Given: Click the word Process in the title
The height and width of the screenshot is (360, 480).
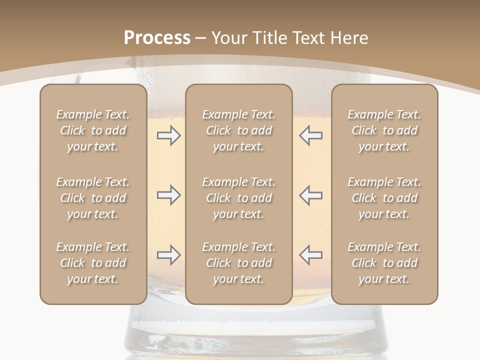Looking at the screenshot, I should [x=157, y=38].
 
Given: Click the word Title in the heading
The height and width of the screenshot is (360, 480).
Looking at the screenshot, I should [x=268, y=38].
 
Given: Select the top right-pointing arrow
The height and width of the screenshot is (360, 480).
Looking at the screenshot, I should [x=168, y=135].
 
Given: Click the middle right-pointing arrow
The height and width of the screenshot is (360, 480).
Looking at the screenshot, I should [x=168, y=195].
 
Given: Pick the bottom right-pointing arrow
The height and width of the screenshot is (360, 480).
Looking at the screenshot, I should [x=168, y=255].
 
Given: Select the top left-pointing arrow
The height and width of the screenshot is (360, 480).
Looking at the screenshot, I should [x=310, y=135].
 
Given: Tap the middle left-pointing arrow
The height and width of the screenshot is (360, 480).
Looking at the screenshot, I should [x=310, y=195].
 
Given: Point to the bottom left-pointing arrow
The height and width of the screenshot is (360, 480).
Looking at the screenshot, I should [x=310, y=255].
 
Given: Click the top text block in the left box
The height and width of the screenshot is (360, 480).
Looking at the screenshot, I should [x=93, y=130].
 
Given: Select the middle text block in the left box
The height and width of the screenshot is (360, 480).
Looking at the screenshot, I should [x=93, y=198].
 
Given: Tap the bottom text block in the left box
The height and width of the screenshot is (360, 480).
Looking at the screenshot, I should [x=93, y=263].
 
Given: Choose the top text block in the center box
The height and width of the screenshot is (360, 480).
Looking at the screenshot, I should [x=238, y=130].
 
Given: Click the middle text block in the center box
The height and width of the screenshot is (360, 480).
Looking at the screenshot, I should [x=238, y=198].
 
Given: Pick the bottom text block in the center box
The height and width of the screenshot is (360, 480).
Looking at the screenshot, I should [x=238, y=263].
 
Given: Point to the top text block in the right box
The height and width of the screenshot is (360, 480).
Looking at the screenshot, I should [x=384, y=130].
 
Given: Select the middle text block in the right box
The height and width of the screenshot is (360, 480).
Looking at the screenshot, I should [x=384, y=198].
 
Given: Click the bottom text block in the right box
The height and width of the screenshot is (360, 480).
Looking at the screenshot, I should [x=384, y=263].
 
